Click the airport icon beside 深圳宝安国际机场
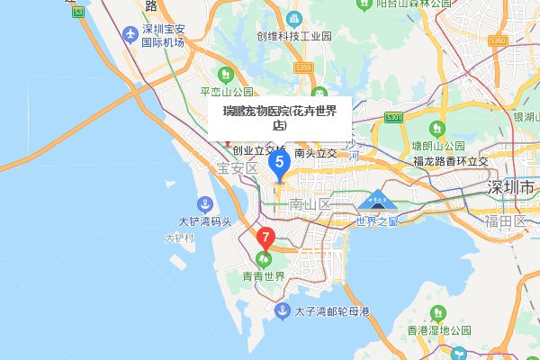coord(132,34)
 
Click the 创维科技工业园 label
coord(293,37)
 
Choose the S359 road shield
coord(302,67)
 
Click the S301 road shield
coord(393,118)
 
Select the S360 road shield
coord(498,41)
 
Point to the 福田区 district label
coord(504,220)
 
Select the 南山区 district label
coord(310,205)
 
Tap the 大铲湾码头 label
coord(204,221)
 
